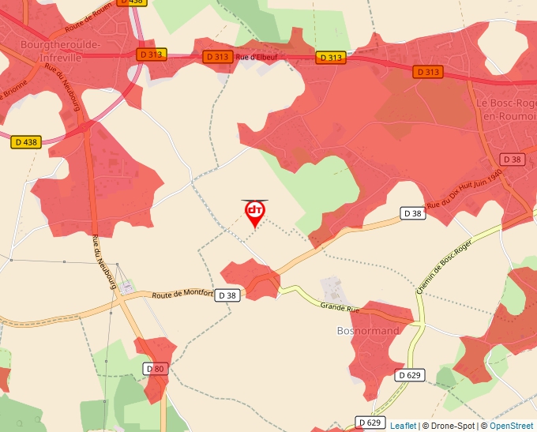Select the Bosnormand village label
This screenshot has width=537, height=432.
click(x=368, y=330)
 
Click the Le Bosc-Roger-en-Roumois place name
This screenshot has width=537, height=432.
click(x=505, y=109)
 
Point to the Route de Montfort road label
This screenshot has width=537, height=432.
click(x=183, y=294)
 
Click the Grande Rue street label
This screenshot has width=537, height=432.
click(x=340, y=304)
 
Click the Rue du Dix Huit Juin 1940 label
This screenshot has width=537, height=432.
click(x=464, y=193)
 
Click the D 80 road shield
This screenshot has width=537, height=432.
click(x=156, y=369)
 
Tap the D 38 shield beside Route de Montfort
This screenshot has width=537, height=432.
click(x=227, y=295)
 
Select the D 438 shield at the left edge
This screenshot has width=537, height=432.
click(x=26, y=142)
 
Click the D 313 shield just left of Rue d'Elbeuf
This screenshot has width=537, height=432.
click(x=217, y=57)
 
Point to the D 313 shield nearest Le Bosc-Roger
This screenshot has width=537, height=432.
click(x=427, y=72)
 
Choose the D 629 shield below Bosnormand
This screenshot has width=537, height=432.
click(x=411, y=375)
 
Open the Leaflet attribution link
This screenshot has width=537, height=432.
click(x=403, y=426)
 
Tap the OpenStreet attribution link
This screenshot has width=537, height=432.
click(x=511, y=426)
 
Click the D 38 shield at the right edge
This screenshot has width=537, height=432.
click(x=513, y=159)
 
